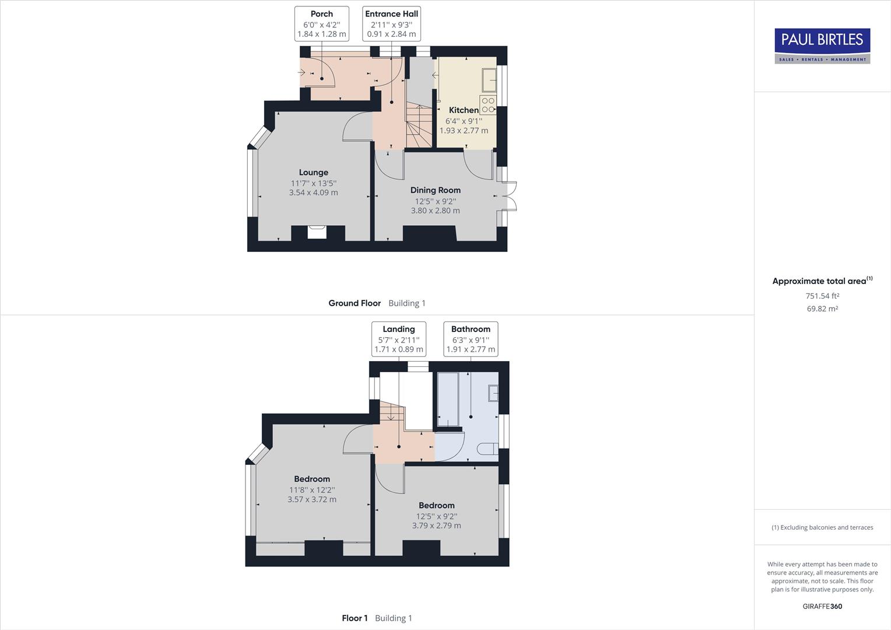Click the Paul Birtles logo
pyautogui.click(x=822, y=45)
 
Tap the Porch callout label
pyautogui.click(x=322, y=23)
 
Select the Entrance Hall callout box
pyautogui.click(x=391, y=23)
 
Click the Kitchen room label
pyautogui.click(x=464, y=110)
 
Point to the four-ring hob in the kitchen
pyautogui.click(x=488, y=105)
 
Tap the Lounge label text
pyautogui.click(x=313, y=173)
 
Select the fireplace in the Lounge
pyautogui.click(x=318, y=232)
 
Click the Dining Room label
pyautogui.click(x=435, y=190)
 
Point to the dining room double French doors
pyautogui.click(x=510, y=195)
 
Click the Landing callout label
pyautogui.click(x=399, y=339)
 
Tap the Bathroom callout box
pyautogui.click(x=471, y=339)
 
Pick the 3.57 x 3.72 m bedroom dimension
pyautogui.click(x=312, y=499)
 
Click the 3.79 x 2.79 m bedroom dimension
pyautogui.click(x=436, y=526)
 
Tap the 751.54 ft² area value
pyautogui.click(x=822, y=296)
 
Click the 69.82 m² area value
pyautogui.click(x=822, y=309)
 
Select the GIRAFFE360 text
pyautogui.click(x=822, y=606)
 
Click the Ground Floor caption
pyautogui.click(x=355, y=303)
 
